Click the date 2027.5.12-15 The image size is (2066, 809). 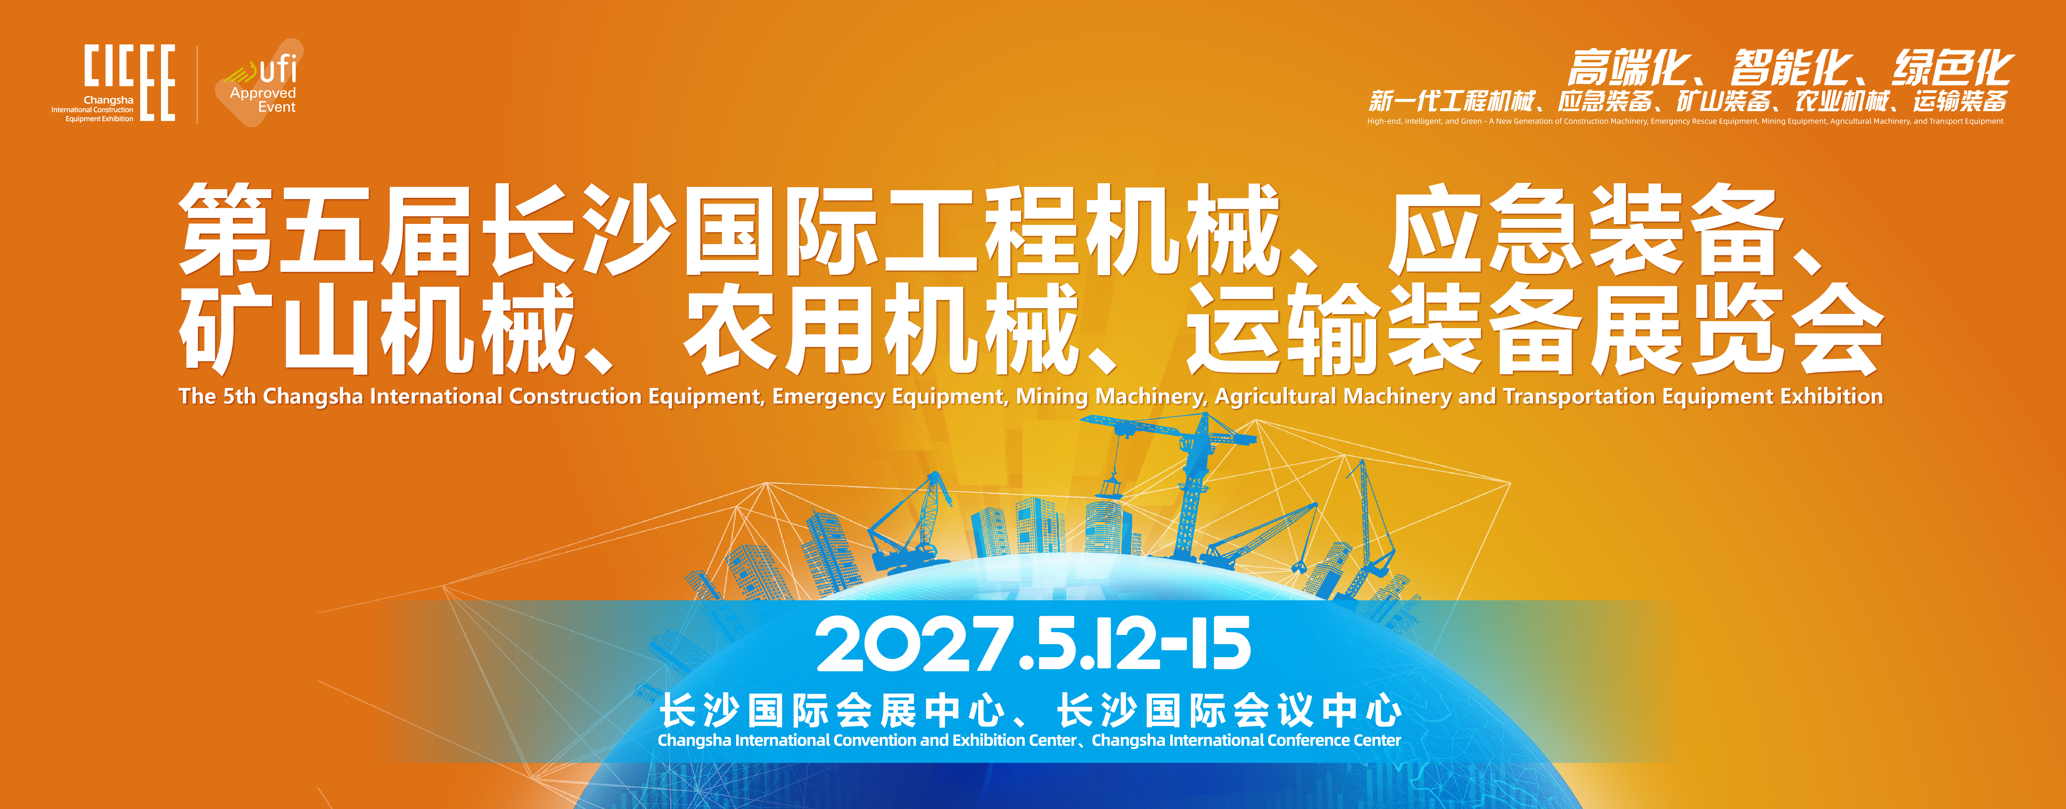tap(1033, 644)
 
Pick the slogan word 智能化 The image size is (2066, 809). tap(1791, 67)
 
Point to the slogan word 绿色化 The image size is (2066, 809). tap(1953, 67)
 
